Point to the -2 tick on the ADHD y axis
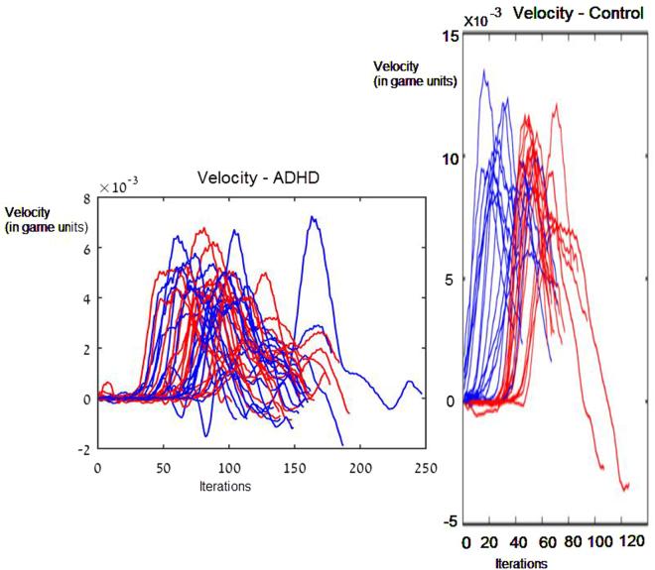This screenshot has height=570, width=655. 84,449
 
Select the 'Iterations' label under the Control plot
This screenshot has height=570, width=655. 521,562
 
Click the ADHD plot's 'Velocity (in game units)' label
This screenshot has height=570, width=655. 46,219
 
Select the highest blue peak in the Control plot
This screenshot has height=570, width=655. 483,70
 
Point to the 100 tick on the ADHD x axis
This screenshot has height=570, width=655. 229,466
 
